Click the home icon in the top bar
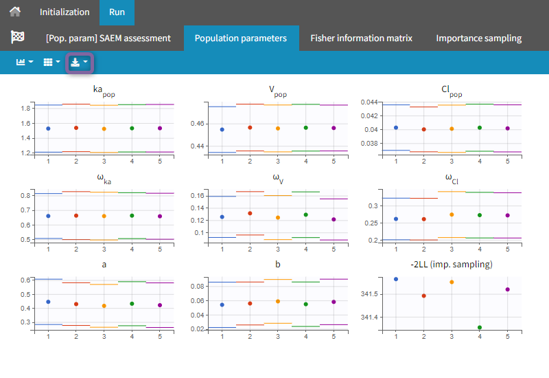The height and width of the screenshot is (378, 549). pyautogui.click(x=15, y=12)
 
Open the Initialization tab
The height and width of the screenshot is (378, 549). pyautogui.click(x=65, y=12)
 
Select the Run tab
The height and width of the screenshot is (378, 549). pyautogui.click(x=117, y=12)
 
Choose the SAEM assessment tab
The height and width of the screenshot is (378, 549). pyautogui.click(x=108, y=38)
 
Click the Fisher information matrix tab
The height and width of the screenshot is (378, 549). pyautogui.click(x=361, y=38)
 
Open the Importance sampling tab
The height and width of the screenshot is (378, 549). pyautogui.click(x=478, y=38)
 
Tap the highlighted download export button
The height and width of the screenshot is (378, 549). pyautogui.click(x=79, y=63)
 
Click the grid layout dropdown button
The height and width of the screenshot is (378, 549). pyautogui.click(x=51, y=63)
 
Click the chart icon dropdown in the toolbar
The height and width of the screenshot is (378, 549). pyautogui.click(x=24, y=63)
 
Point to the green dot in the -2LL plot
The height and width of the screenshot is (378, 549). pyautogui.click(x=479, y=327)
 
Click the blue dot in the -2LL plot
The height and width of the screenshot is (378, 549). pyautogui.click(x=396, y=279)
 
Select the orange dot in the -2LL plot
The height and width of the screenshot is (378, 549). pyautogui.click(x=452, y=282)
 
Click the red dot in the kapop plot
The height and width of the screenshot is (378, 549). pyautogui.click(x=76, y=128)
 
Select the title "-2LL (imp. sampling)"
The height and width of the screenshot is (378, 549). pyautogui.click(x=452, y=264)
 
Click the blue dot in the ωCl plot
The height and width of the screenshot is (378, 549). pyautogui.click(x=396, y=219)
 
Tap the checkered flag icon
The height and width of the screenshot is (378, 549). pyautogui.click(x=18, y=38)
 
